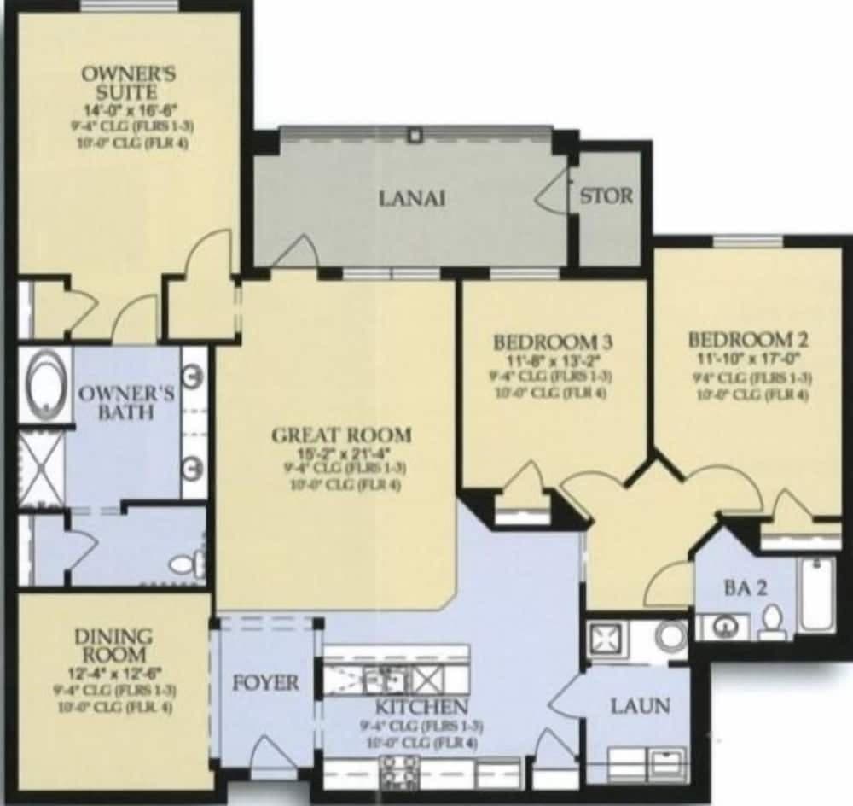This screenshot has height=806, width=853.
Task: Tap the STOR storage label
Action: pyautogui.click(x=606, y=196)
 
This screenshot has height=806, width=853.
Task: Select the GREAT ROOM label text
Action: pyautogui.click(x=340, y=435)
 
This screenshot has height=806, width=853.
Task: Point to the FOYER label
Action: pyautogui.click(x=266, y=683)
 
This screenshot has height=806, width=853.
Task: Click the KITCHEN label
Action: pyautogui.click(x=421, y=707)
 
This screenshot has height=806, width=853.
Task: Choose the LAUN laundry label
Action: pyautogui.click(x=639, y=707)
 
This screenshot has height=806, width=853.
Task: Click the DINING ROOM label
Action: pyautogui.click(x=113, y=646)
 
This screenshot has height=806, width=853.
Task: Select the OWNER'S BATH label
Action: pyautogui.click(x=126, y=403)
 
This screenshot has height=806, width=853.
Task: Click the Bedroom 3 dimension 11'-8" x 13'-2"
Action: pyautogui.click(x=554, y=359)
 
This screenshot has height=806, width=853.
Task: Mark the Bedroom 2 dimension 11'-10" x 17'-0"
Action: pyautogui.click(x=750, y=359)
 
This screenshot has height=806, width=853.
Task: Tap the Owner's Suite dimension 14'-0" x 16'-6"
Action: pyautogui.click(x=129, y=109)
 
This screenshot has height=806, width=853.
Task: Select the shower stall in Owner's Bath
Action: pyautogui.click(x=41, y=469)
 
